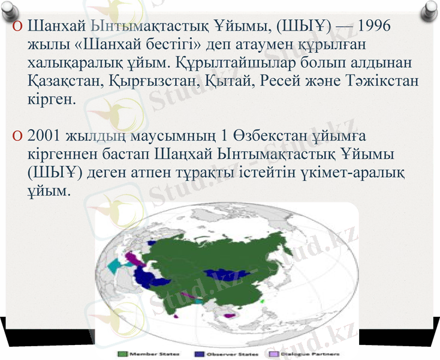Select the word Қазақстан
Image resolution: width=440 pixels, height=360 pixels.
pyautogui.click(x=64, y=80)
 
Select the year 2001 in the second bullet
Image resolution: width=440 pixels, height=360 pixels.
pyautogui.click(x=46, y=137)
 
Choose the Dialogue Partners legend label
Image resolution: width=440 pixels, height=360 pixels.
pyautogui.click(x=314, y=354)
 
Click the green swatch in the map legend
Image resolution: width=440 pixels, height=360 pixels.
pyautogui.click(x=122, y=354)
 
